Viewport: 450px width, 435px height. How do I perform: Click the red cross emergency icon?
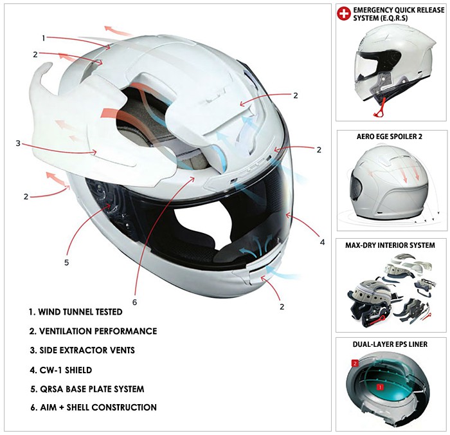coord(344,14)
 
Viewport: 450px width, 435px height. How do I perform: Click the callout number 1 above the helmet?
coord(44,38)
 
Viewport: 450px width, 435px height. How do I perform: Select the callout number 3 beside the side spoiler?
coord(18,143)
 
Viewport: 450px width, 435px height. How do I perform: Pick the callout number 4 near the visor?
coord(322,242)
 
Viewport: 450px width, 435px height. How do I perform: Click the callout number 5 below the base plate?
coord(67,263)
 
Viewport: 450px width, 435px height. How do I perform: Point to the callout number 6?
coord(134,302)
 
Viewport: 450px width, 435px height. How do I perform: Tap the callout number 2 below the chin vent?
coord(282,306)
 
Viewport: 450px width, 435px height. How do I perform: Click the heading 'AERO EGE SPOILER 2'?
coord(390,136)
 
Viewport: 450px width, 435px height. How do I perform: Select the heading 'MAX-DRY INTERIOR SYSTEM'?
coord(390,245)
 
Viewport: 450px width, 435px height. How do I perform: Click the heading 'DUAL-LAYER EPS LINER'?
coord(390,344)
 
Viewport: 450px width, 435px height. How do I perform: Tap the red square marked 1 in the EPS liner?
coord(381,387)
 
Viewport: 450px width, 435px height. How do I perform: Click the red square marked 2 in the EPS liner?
coord(355,364)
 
